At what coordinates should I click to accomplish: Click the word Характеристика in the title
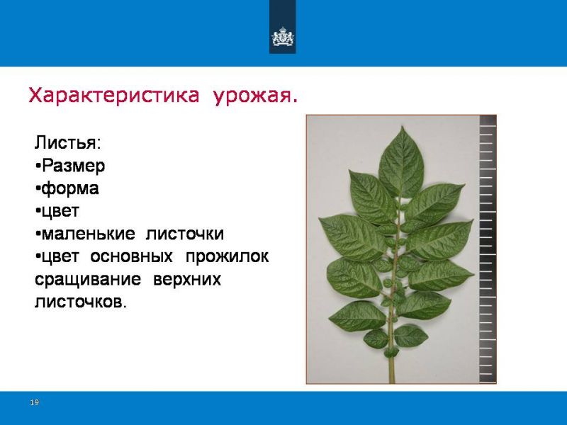(114, 96)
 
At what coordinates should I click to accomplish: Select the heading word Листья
(66, 143)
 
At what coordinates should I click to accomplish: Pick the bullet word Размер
(74, 166)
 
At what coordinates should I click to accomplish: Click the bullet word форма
(70, 188)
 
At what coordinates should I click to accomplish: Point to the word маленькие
(89, 234)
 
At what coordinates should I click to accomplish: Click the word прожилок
(227, 256)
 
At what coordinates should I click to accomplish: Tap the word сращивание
(88, 279)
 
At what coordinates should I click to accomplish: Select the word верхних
(187, 279)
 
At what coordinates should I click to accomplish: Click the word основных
(131, 256)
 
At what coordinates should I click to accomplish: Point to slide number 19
(34, 402)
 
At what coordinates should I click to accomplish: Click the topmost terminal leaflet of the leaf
(401, 163)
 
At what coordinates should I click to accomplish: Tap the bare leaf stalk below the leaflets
(391, 368)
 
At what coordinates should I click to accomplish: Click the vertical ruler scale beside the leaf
(488, 249)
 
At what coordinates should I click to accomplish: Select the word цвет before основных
(60, 256)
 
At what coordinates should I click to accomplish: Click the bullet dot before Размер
(38, 166)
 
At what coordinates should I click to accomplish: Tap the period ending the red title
(295, 102)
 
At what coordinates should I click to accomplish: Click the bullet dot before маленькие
(38, 234)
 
